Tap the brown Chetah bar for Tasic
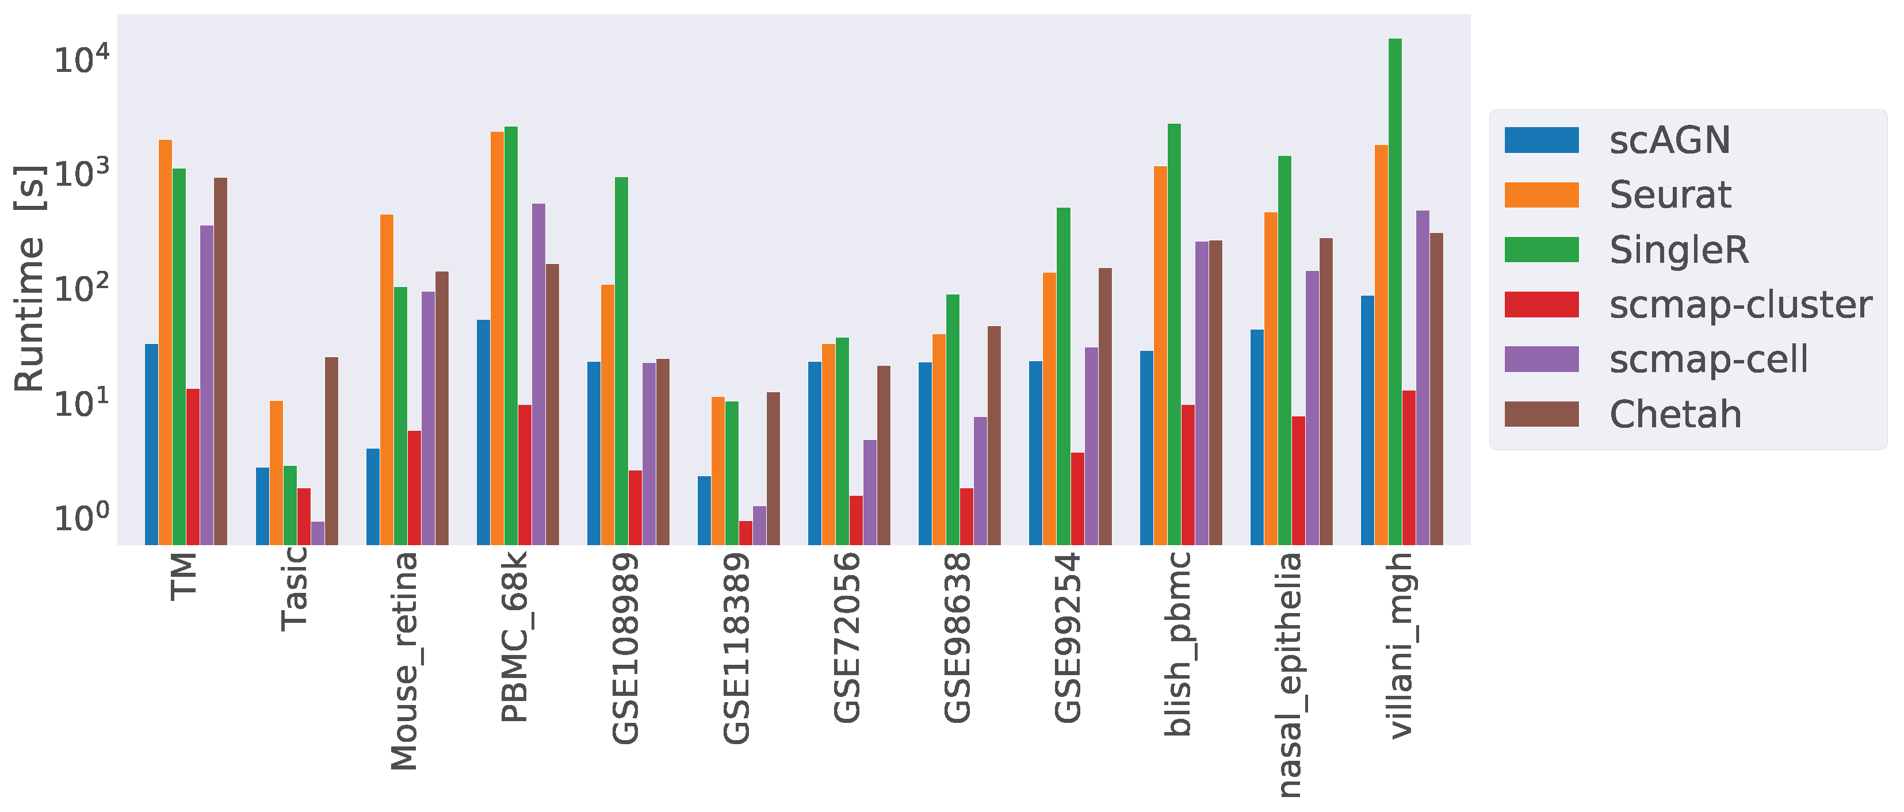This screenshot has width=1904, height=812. pos(331,451)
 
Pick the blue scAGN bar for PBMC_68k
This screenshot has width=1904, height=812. pos(483,432)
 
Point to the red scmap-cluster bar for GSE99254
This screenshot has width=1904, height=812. pos(1077,499)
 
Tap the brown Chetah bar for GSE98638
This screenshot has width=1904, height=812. pos(994,435)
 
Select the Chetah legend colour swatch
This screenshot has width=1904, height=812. pos(1541,415)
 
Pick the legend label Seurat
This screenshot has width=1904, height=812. pos(1670,195)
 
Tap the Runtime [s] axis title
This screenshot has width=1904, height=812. pos(29,278)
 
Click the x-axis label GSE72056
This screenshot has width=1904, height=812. pos(847,638)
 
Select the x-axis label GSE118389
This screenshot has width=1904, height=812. pos(736,648)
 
